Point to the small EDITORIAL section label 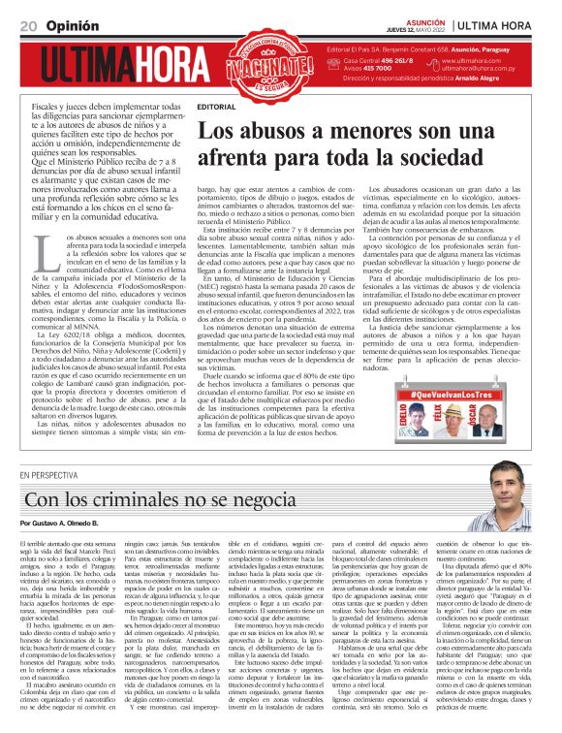[215, 105]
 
